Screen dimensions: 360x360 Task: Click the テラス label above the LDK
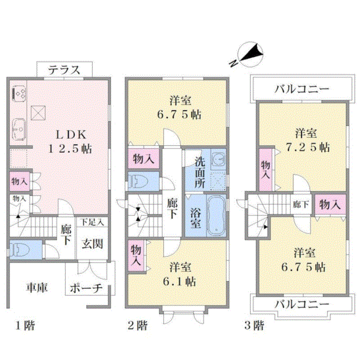(64, 70)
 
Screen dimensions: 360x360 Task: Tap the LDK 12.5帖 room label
(70, 142)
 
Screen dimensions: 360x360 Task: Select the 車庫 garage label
(37, 287)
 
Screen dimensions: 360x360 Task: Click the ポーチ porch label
(86, 288)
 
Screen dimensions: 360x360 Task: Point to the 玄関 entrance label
(92, 244)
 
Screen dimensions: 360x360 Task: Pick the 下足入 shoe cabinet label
(92, 222)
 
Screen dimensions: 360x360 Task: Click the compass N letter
(233, 63)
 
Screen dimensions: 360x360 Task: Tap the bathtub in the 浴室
(216, 215)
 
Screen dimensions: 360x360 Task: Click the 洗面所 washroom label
(200, 173)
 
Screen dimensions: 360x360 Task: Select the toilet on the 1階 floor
(20, 249)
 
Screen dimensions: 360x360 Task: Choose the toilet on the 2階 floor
(138, 181)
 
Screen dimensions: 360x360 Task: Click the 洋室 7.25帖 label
(307, 140)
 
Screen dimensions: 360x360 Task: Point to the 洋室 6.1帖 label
(180, 274)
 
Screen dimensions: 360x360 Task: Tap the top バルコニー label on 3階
(301, 89)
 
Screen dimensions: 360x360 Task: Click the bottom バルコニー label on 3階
(301, 304)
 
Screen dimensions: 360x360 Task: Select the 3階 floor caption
(254, 326)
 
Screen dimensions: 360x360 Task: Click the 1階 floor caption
(25, 326)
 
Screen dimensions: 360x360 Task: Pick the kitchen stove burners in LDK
(19, 94)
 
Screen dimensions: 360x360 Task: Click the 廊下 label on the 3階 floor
(300, 204)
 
